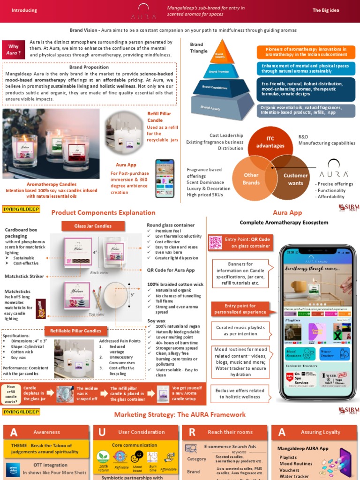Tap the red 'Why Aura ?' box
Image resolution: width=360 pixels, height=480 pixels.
pos(14,50)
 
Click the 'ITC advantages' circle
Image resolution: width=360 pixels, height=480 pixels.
pos(270,142)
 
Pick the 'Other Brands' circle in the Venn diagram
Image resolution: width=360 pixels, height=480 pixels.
pos(251,179)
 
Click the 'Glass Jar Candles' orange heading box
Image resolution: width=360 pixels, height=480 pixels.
pos(93,226)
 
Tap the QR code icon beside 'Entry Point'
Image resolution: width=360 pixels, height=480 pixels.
pos(215,242)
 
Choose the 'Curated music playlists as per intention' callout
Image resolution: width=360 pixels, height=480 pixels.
pos(240,330)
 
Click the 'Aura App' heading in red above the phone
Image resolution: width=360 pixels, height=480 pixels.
pos(287,212)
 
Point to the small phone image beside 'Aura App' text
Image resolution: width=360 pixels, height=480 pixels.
pos(165,179)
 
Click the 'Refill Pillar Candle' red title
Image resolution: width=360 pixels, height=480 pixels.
pos(159,117)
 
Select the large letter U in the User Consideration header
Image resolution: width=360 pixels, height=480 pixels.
pos(102,432)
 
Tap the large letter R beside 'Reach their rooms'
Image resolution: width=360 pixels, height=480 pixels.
pos(192,432)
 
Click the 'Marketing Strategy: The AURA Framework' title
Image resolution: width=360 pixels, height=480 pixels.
pos(180,414)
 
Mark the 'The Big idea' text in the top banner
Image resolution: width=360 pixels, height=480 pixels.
pos(326,10)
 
